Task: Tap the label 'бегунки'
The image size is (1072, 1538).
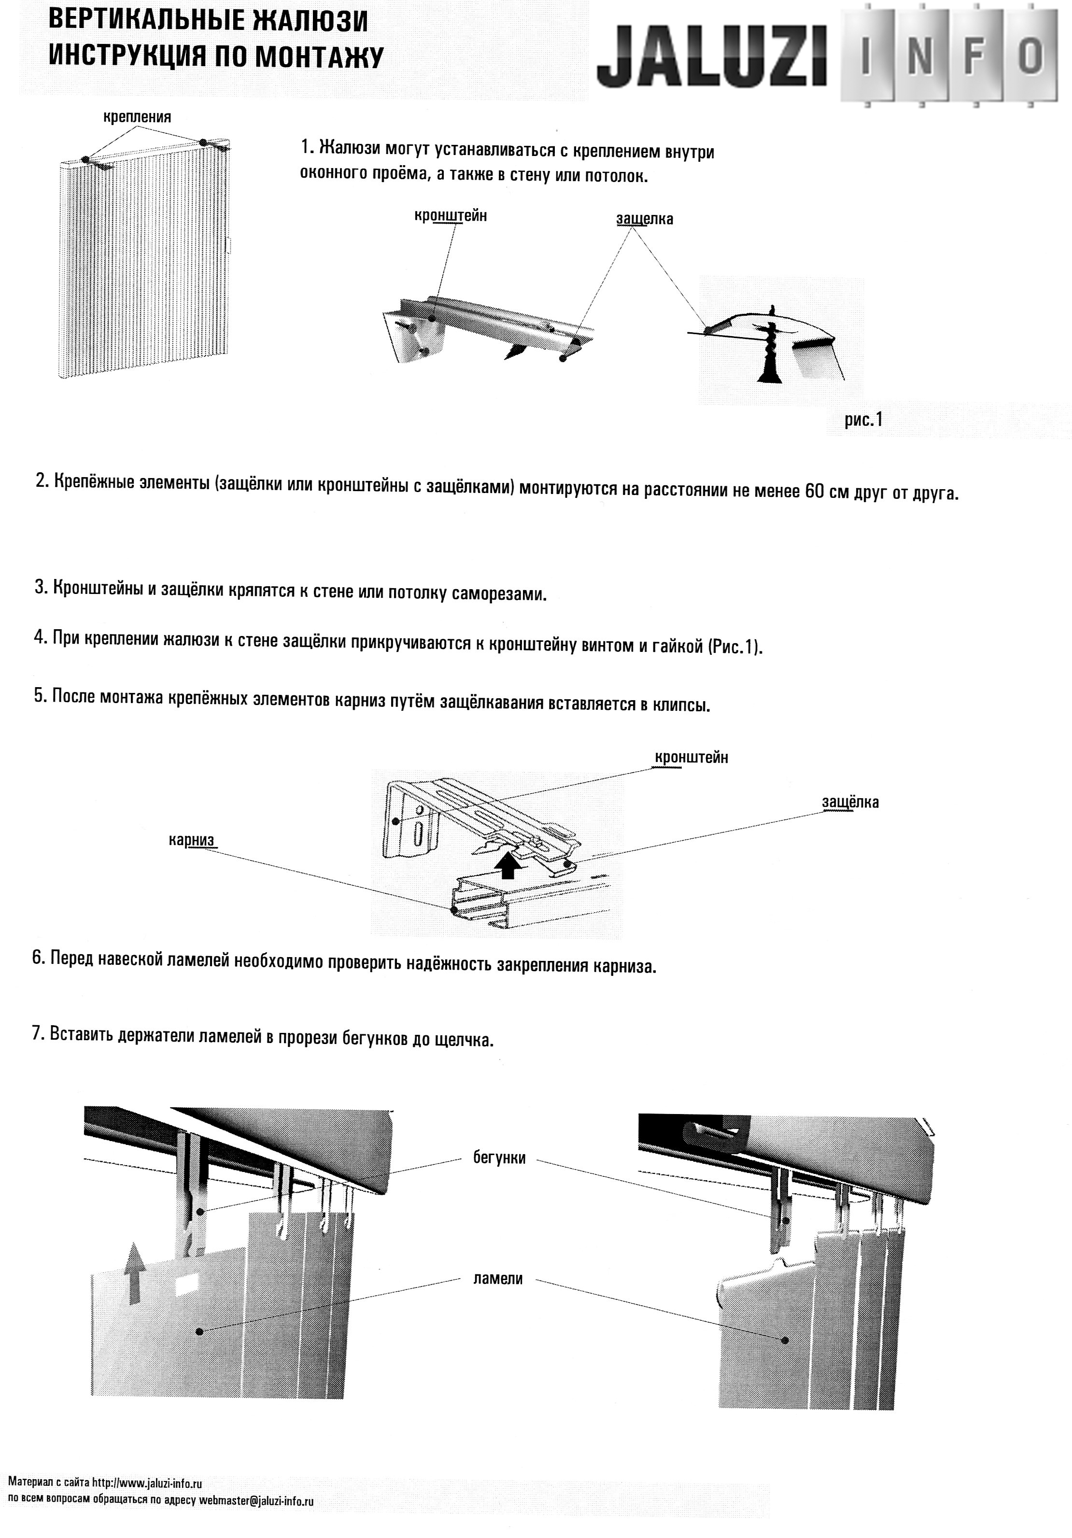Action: pos(499,1157)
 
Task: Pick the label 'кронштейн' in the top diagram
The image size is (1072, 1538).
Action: pos(450,216)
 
